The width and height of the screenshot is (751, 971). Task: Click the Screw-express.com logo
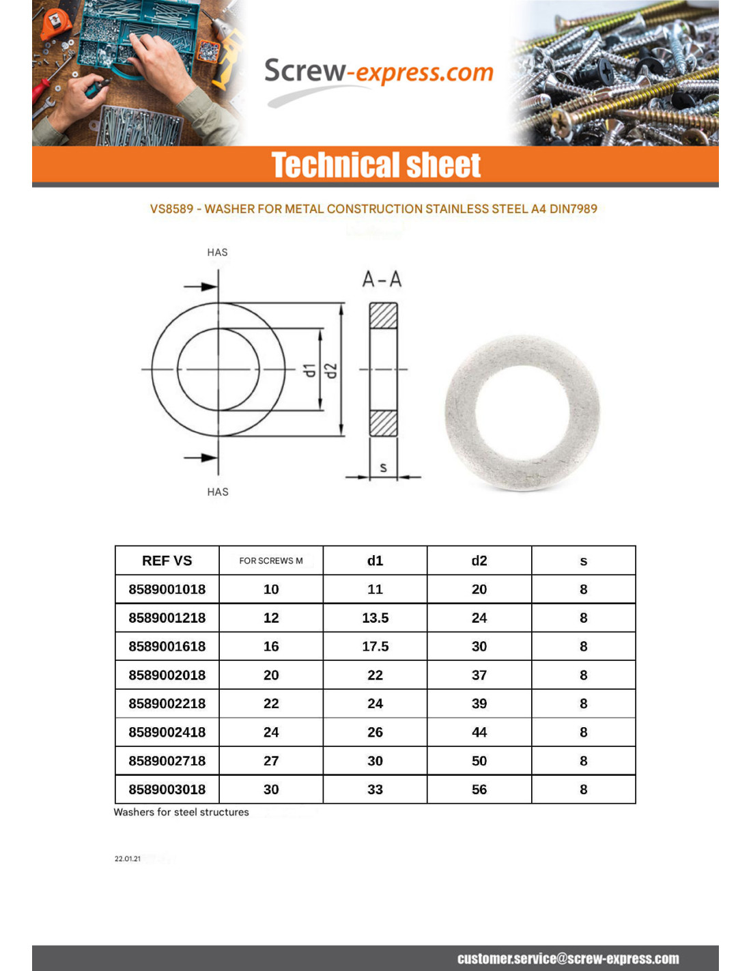pyautogui.click(x=378, y=72)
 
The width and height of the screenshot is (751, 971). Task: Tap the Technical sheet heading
pyautogui.click(x=375, y=165)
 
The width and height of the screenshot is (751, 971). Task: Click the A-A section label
pyautogui.click(x=382, y=279)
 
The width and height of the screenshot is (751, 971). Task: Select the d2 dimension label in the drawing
pyautogui.click(x=331, y=370)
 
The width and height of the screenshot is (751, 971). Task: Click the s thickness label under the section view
pyautogui.click(x=383, y=467)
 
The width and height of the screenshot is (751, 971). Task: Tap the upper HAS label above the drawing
pyautogui.click(x=217, y=252)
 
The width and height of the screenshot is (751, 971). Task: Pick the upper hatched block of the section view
pyautogui.click(x=383, y=315)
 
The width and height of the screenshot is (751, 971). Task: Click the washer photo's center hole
pyautogui.click(x=522, y=414)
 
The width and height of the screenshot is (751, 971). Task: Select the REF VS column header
pyautogui.click(x=167, y=561)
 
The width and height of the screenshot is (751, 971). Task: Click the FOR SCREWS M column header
pyautogui.click(x=271, y=561)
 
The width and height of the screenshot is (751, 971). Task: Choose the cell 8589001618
pyautogui.click(x=167, y=646)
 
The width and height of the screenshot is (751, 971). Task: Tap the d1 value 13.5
pyautogui.click(x=375, y=618)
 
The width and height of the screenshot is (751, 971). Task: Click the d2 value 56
pyautogui.click(x=479, y=789)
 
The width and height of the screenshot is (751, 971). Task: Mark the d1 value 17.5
pyautogui.click(x=375, y=646)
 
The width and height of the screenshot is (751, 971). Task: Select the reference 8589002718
pyautogui.click(x=167, y=761)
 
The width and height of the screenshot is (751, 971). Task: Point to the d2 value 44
pyautogui.click(x=479, y=732)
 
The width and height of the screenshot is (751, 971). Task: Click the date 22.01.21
pyautogui.click(x=128, y=858)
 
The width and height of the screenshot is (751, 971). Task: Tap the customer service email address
pyautogui.click(x=568, y=959)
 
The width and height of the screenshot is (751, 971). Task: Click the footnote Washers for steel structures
pyautogui.click(x=181, y=812)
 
